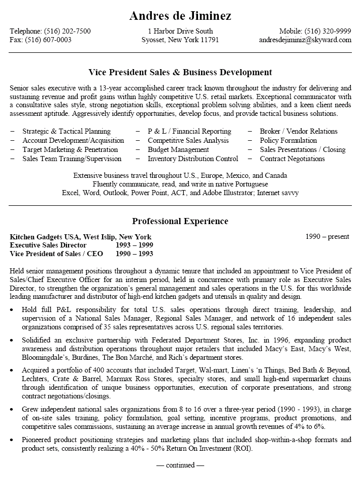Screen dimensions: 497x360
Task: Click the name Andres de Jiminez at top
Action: pyautogui.click(x=180, y=16)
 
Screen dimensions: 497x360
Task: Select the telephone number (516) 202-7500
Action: pyautogui.click(x=68, y=31)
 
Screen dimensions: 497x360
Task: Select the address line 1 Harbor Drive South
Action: pyautogui.click(x=180, y=31)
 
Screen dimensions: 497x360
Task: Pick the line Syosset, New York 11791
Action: pyautogui.click(x=180, y=40)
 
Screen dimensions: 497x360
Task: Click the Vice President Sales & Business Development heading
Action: pyautogui.click(x=180, y=72)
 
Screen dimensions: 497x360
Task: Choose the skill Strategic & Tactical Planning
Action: pyautogui.click(x=67, y=131)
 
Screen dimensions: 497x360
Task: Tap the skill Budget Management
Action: pyautogui.click(x=178, y=149)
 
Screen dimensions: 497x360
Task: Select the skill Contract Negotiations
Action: pyautogui.click(x=292, y=159)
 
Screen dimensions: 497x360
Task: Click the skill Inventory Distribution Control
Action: pyautogui.click(x=193, y=159)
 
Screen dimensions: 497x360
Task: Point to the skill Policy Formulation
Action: pyautogui.click(x=288, y=140)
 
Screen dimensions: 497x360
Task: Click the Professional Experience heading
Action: pyautogui.click(x=180, y=221)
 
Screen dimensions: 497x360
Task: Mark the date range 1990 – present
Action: pyautogui.click(x=328, y=236)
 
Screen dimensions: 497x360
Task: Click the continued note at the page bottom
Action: pyautogui.click(x=180, y=465)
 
